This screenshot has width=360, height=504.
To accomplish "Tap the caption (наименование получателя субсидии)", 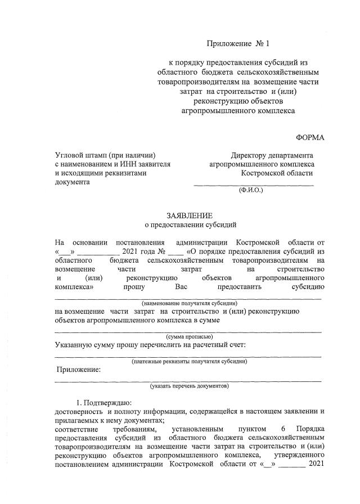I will (x=190, y=303).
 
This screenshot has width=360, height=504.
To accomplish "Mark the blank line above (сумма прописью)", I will (x=188, y=331).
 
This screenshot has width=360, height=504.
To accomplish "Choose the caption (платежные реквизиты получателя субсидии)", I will (x=188, y=362).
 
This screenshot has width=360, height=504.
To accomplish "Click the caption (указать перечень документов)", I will (x=189, y=387).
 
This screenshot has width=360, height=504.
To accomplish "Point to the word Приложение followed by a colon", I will (x=79, y=370).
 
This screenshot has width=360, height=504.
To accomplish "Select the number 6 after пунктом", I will (x=283, y=428).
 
